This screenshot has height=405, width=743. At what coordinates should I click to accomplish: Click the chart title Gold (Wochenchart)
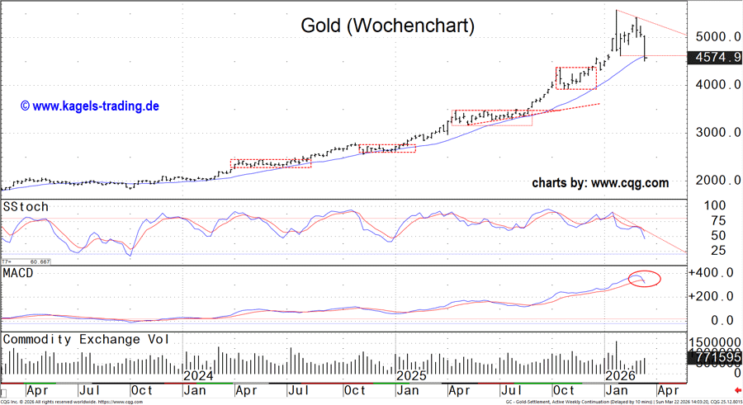387,26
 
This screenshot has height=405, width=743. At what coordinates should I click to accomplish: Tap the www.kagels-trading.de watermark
89,106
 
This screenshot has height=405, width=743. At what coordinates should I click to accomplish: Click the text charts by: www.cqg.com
600,183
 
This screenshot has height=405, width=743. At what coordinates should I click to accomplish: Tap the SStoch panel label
26,206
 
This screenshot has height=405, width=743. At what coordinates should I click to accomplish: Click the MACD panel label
19,273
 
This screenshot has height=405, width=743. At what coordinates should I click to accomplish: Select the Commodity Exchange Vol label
99,339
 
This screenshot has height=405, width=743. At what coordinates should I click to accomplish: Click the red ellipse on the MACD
645,278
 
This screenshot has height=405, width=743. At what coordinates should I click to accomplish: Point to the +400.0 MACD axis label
710,273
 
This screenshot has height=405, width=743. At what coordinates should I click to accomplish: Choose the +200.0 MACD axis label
710,296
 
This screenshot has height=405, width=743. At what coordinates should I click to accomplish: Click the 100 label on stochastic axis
713,205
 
